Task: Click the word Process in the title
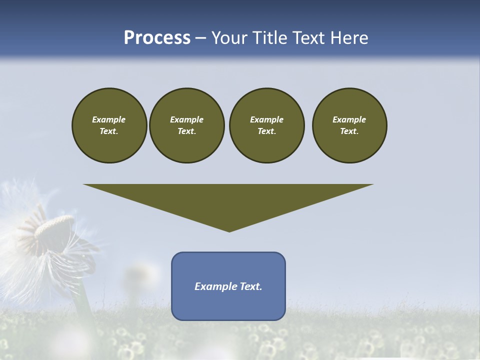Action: (157, 37)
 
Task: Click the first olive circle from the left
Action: (109, 125)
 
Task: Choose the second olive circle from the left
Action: (186, 125)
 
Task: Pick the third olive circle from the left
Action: (266, 125)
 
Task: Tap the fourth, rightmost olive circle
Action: (349, 125)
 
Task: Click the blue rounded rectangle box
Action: (228, 286)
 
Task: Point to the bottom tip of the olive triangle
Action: (229, 231)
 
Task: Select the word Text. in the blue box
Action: (250, 286)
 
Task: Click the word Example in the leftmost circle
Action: (109, 119)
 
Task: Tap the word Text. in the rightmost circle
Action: (349, 131)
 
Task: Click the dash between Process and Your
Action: (200, 38)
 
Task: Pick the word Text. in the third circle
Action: (266, 131)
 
